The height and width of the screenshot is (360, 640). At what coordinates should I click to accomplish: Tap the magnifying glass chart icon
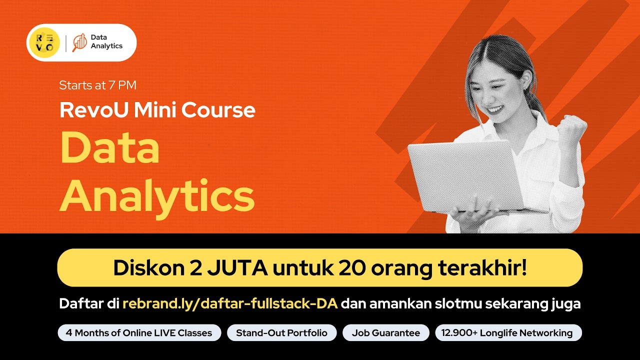79,42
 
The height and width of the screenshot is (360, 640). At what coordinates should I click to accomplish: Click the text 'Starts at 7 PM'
97,85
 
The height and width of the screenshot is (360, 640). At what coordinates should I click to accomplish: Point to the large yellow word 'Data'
109,148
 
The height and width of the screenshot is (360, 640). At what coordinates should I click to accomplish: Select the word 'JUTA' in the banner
240,267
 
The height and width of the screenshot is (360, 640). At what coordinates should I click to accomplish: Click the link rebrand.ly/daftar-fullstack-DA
230,303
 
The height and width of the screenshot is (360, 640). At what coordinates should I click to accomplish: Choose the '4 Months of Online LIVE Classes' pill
139,333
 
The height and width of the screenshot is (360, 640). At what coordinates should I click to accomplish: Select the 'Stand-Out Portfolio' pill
281,333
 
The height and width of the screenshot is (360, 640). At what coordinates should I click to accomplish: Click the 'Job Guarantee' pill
385,333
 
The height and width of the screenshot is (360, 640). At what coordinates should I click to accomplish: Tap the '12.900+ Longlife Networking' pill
508,333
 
